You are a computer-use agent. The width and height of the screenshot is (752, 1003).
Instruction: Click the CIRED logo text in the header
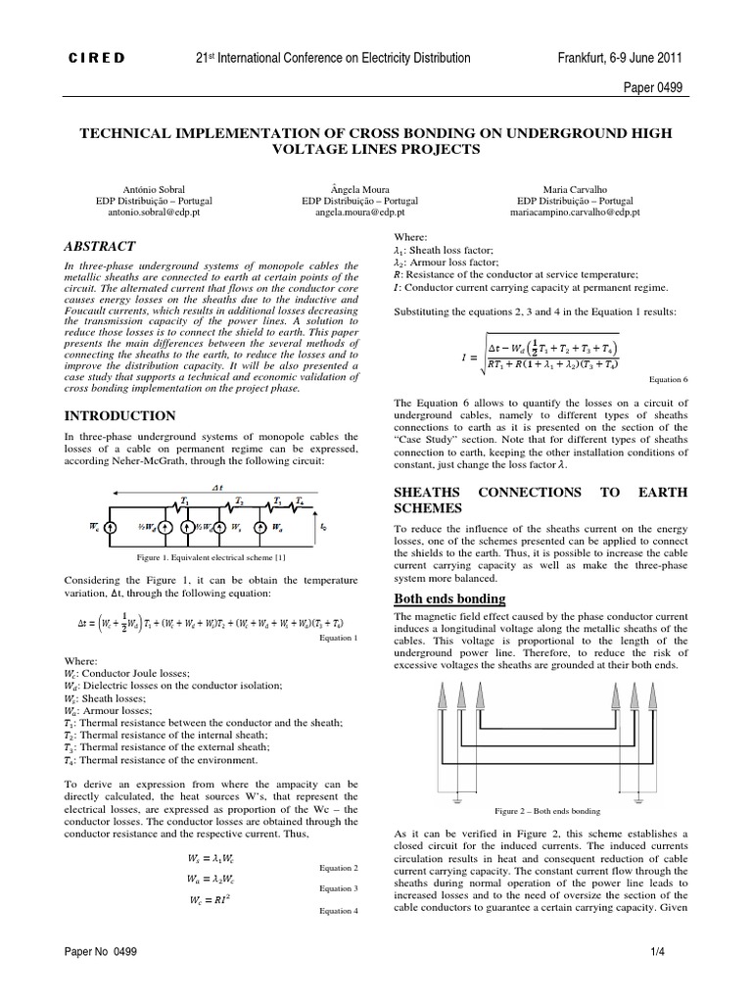tap(95, 58)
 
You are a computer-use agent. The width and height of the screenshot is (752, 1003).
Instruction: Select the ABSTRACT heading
tap(100, 246)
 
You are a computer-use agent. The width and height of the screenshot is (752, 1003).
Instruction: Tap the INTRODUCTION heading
tap(119, 415)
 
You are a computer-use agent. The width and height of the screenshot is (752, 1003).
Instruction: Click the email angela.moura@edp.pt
tap(376, 211)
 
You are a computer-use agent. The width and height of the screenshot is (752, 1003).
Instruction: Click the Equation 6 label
tap(670, 378)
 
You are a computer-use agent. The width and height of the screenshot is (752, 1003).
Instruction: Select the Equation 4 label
tap(340, 910)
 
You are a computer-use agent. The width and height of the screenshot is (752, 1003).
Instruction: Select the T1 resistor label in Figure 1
tap(183, 499)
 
